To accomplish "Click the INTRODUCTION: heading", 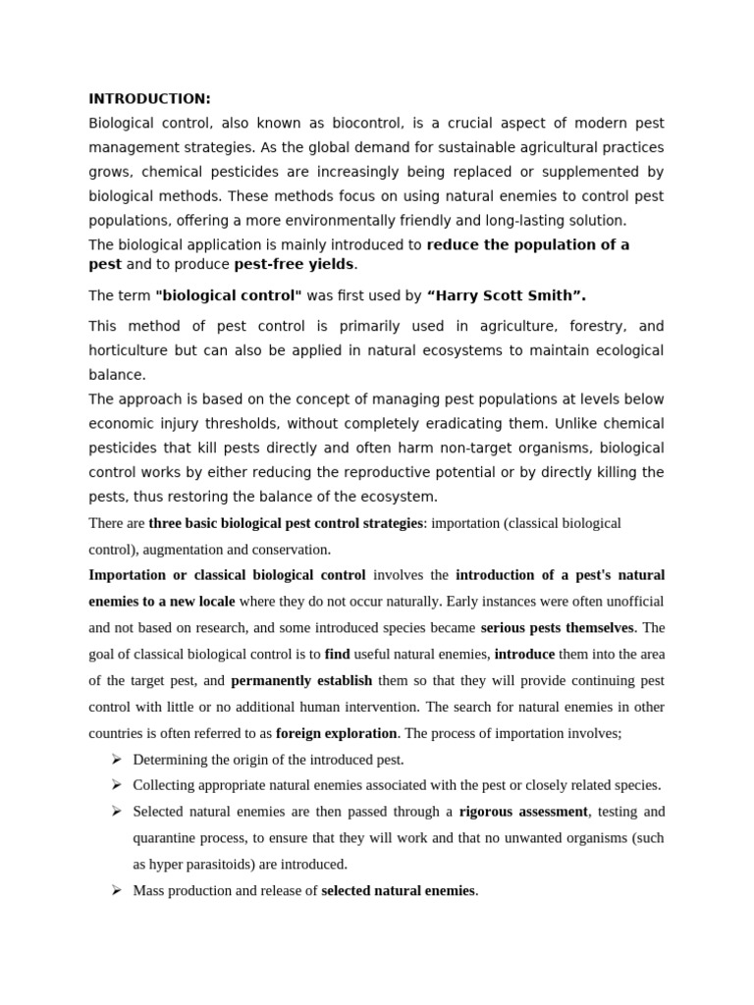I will tap(149, 98).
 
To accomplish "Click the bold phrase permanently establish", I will tap(301, 679).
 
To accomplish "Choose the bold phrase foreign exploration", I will tap(337, 732).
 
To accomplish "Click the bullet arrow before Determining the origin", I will tap(115, 759).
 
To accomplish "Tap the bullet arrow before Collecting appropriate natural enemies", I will tap(115, 785).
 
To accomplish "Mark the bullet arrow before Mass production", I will tap(115, 890).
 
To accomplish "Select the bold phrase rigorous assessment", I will tap(523, 812).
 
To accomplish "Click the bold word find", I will tap(337, 653).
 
